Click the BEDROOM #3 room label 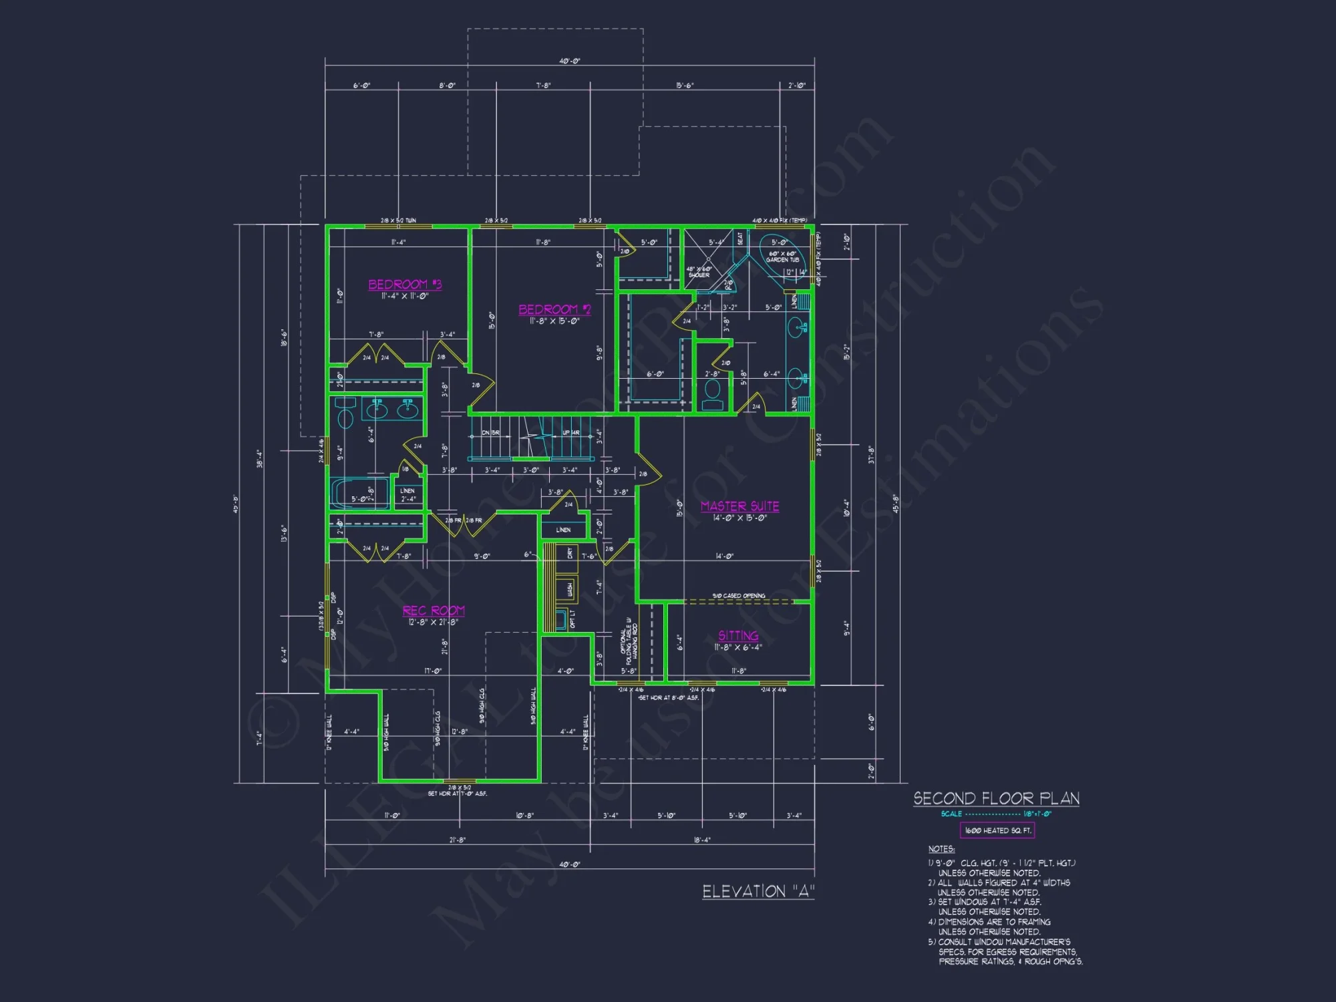point(405,285)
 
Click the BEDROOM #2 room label point(554,309)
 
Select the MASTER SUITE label point(739,506)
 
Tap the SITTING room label point(738,635)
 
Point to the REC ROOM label point(434,611)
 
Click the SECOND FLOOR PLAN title point(996,798)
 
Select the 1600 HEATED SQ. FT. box point(997,830)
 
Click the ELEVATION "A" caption point(758,891)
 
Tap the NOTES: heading point(941,849)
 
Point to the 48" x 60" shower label point(699,272)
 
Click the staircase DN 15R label point(490,433)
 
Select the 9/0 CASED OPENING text point(738,595)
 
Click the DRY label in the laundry point(570,553)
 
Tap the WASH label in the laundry point(570,589)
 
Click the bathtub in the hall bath point(360,494)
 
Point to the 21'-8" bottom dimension point(457,840)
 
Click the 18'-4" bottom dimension point(702,840)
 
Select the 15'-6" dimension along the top point(685,86)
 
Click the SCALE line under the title point(995,814)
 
